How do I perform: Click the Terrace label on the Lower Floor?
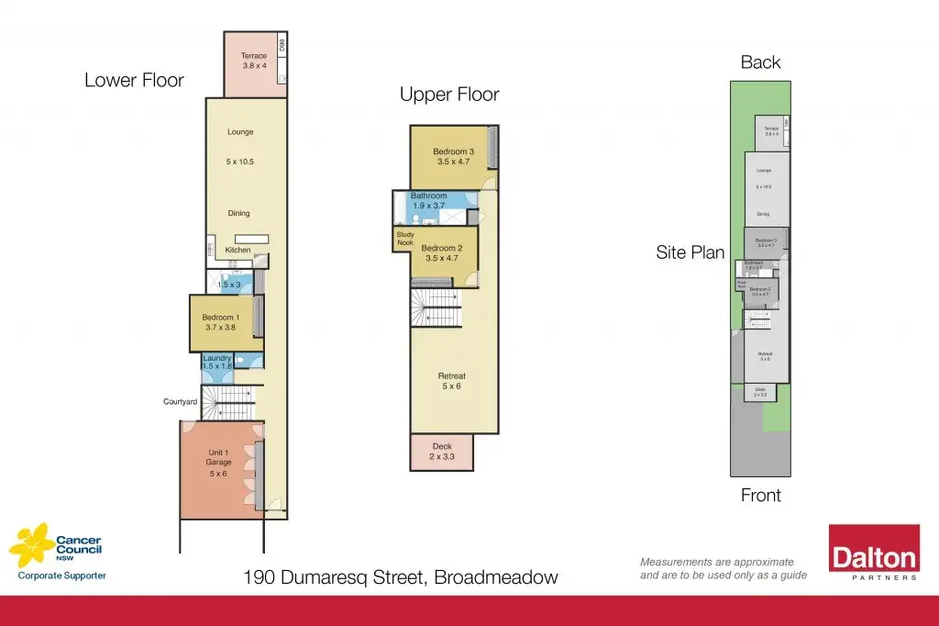pyautogui.click(x=254, y=56)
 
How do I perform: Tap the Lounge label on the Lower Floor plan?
pyautogui.click(x=240, y=132)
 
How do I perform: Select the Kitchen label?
pyautogui.click(x=238, y=250)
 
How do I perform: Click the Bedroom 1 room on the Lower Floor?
pyautogui.click(x=220, y=322)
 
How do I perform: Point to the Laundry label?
pyautogui.click(x=216, y=358)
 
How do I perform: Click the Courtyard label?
pyautogui.click(x=181, y=401)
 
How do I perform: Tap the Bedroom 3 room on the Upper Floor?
pyautogui.click(x=454, y=156)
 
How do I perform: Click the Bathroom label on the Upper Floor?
pyautogui.click(x=428, y=196)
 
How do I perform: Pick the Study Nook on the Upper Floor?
pyautogui.click(x=404, y=239)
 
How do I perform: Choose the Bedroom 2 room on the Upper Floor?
pyautogui.click(x=441, y=252)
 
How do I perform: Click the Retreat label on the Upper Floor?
pyautogui.click(x=452, y=376)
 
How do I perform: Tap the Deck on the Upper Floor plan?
pyautogui.click(x=442, y=451)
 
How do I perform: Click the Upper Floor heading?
pyautogui.click(x=449, y=95)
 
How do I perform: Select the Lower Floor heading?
pyautogui.click(x=134, y=80)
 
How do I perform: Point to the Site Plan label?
pyautogui.click(x=690, y=252)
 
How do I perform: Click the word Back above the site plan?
pyautogui.click(x=760, y=62)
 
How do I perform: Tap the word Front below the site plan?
pyautogui.click(x=760, y=496)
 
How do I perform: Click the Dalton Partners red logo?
pyautogui.click(x=874, y=553)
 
